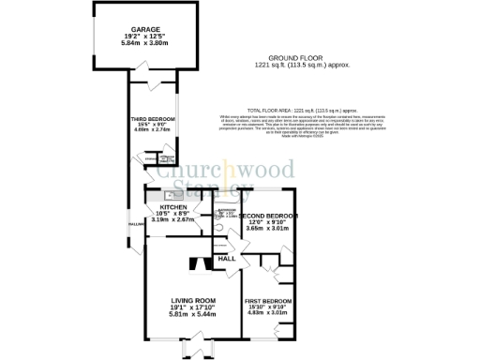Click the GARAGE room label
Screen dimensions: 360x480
146,29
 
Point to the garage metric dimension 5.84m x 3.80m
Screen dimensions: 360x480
146,42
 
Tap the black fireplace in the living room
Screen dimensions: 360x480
194,263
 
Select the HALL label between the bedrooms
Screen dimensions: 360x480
226,258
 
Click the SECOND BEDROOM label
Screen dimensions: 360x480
268,215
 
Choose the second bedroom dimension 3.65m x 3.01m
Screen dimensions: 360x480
266,228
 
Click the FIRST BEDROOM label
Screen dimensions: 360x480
266,299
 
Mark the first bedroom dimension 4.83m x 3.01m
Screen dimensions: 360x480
266,313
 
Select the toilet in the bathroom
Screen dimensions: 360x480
218,226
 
